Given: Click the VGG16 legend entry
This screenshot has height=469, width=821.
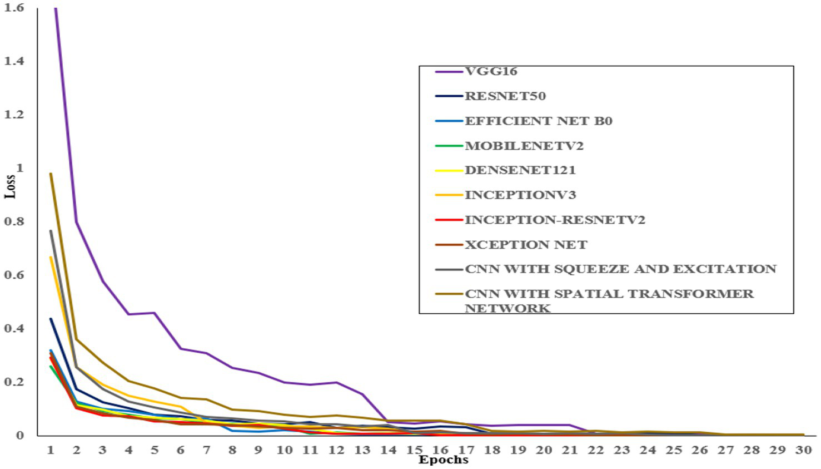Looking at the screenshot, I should click(491, 72).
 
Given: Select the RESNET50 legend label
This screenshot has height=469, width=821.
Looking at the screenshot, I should click(505, 96).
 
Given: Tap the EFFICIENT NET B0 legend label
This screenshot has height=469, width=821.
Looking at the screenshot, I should click(538, 121).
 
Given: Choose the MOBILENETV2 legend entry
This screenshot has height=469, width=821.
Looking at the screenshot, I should click(524, 146).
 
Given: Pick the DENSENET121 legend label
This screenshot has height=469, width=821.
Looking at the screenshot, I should click(520, 170).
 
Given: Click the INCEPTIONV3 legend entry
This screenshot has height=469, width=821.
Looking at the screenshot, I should click(520, 195).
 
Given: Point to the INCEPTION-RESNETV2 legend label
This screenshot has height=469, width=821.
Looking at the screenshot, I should click(554, 220).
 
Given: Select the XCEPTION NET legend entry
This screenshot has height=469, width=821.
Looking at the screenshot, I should click(525, 245).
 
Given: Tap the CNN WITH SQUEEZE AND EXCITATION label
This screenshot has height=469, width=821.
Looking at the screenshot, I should click(620, 269).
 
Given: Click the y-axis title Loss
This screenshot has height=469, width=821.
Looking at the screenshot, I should click(10, 187).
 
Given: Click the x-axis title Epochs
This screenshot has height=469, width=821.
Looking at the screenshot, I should click(443, 460).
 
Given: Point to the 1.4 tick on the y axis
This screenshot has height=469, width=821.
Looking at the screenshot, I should click(14, 61).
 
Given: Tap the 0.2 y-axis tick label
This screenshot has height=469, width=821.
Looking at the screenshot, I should click(14, 382).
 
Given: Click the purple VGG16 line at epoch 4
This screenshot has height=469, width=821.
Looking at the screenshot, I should click(128, 314).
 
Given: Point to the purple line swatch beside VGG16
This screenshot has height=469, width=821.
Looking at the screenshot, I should click(449, 72).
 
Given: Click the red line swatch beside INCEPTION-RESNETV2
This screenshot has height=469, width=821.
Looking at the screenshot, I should click(449, 220).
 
